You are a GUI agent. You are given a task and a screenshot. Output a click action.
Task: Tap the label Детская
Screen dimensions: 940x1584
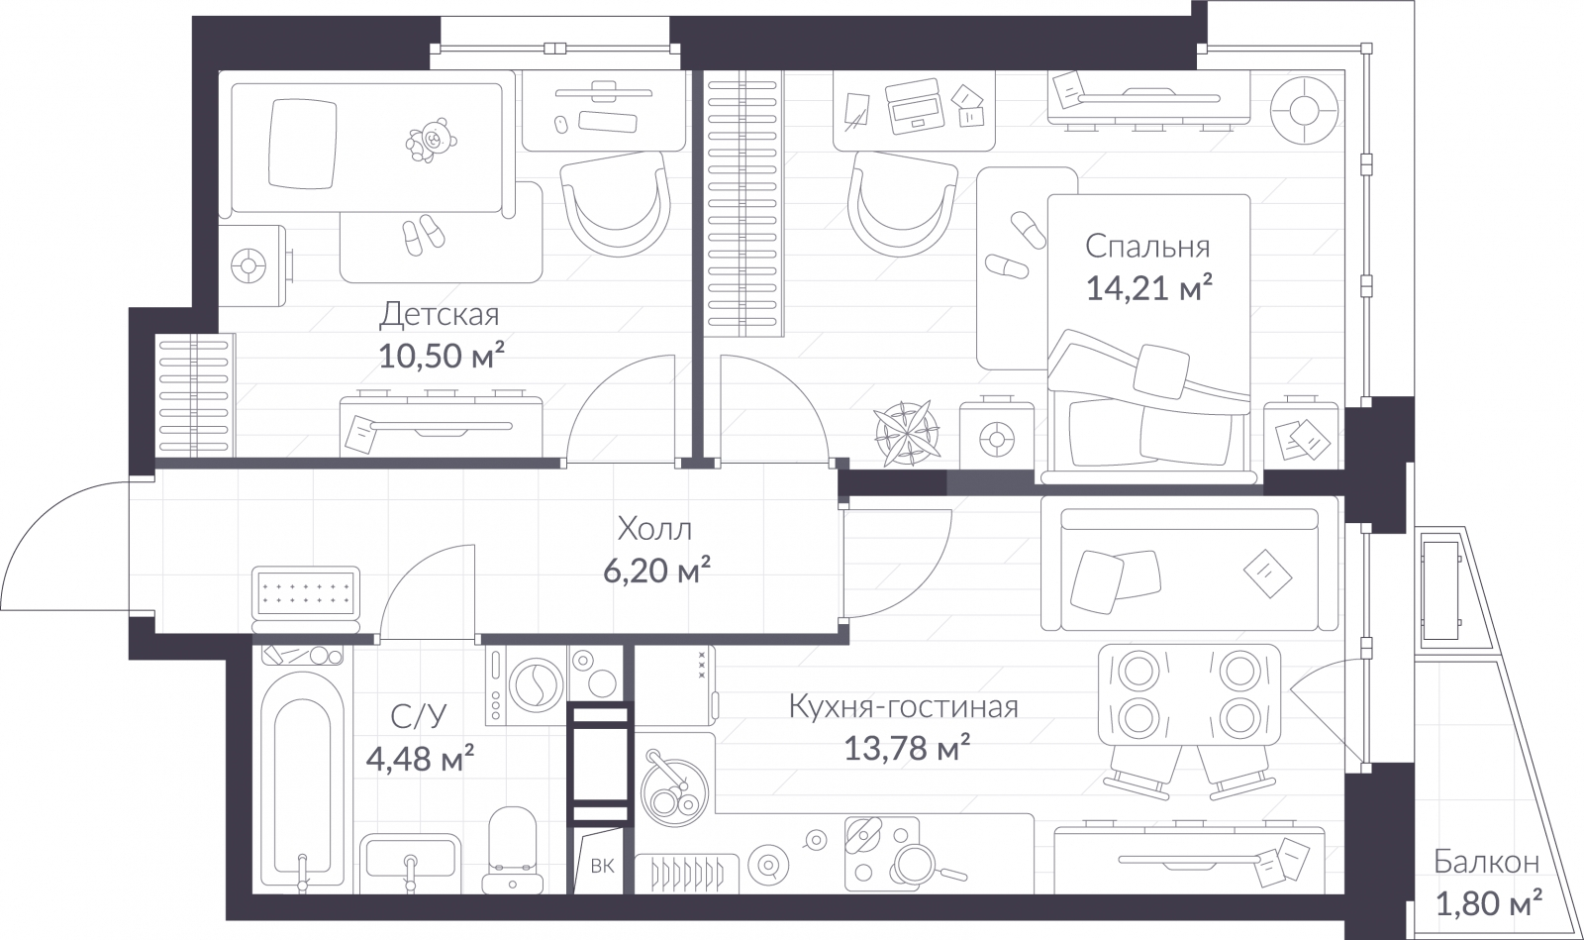click(x=440, y=315)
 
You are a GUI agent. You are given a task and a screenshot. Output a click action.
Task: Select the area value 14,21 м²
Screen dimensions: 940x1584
click(x=1148, y=288)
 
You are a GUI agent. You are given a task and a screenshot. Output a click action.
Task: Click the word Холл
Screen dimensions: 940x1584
click(x=654, y=528)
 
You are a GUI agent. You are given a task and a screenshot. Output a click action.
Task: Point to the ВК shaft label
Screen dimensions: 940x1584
click(x=602, y=866)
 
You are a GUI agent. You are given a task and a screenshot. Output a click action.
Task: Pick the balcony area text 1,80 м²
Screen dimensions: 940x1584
click(x=1488, y=902)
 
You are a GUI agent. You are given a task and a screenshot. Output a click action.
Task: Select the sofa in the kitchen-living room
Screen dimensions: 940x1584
click(x=1188, y=570)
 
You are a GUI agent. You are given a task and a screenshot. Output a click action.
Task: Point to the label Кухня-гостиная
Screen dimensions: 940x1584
click(x=903, y=707)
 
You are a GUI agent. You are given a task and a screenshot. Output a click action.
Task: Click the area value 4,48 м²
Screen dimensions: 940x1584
click(x=420, y=760)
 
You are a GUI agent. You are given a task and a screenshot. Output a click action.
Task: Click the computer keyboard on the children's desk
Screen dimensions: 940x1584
click(x=610, y=122)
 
